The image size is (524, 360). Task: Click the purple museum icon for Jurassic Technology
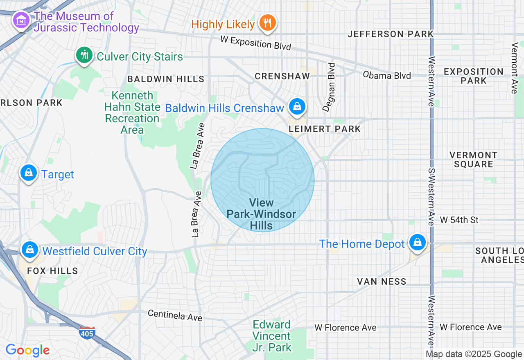(20, 20)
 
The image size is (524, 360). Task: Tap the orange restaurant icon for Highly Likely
(268, 22)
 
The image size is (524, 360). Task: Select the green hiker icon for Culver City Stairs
(84, 54)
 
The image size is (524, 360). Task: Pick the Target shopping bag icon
(29, 173)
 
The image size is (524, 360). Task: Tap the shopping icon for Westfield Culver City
(29, 249)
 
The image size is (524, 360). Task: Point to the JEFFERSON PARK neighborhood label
(390, 34)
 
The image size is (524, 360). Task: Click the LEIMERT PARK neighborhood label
(325, 129)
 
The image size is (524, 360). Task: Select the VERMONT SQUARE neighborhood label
(473, 160)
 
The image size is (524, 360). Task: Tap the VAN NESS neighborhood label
(382, 281)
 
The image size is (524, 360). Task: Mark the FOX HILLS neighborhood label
(52, 271)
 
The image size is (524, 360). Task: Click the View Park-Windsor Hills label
(262, 214)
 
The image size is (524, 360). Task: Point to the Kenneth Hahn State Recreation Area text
(132, 113)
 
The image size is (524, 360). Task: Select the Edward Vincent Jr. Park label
(272, 336)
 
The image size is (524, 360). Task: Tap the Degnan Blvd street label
(329, 87)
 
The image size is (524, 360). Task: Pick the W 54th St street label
(459, 220)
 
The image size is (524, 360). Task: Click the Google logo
(27, 350)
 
